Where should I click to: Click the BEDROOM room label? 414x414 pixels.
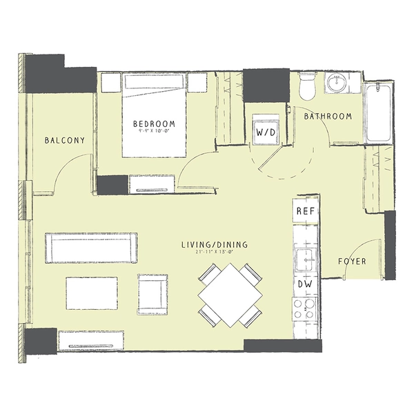tap(154, 124)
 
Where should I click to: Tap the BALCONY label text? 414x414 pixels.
tap(64, 140)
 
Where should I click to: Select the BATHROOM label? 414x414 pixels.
tap(328, 117)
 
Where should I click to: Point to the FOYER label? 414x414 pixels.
tap(352, 262)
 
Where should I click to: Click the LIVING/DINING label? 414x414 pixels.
tap(215, 245)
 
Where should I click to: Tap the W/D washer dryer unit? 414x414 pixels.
tap(265, 130)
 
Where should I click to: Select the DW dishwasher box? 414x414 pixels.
tap(305, 284)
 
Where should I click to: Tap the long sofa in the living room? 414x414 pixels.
tap(90, 248)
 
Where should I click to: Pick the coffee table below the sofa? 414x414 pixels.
tap(92, 293)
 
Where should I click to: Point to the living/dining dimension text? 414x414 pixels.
tap(214, 253)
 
